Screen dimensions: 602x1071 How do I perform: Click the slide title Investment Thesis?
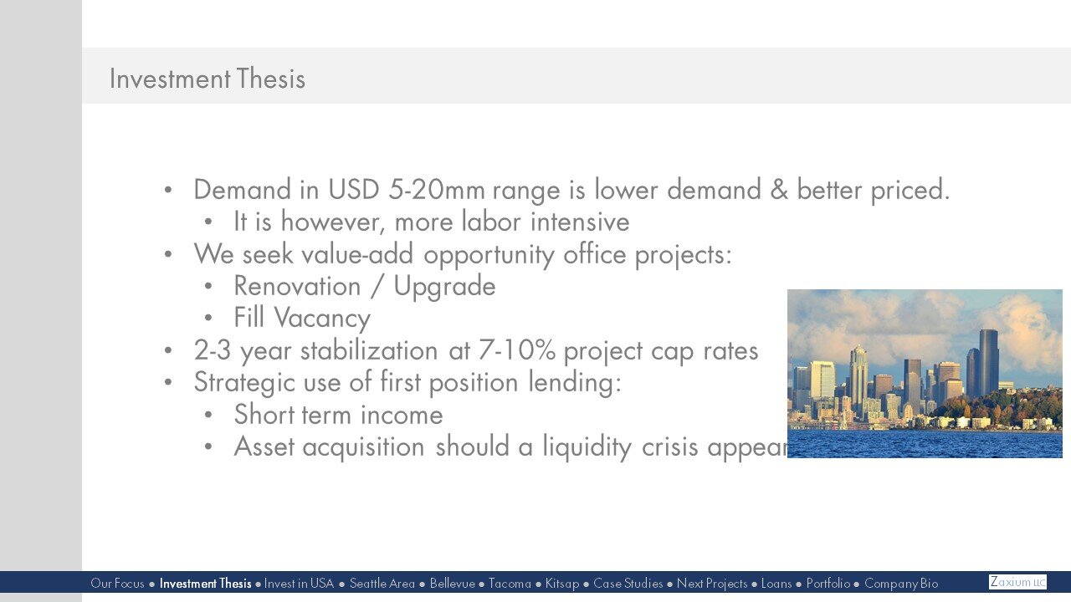click(207, 79)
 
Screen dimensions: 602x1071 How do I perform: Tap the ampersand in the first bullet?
click(779, 191)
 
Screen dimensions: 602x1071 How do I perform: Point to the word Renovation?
click(297, 287)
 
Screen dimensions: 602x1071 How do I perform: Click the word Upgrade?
click(444, 287)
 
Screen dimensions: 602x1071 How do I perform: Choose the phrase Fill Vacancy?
click(301, 319)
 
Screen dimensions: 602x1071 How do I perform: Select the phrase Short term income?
click(338, 415)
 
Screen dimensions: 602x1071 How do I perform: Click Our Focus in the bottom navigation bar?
click(117, 584)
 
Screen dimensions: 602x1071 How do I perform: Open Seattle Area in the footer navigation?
click(382, 584)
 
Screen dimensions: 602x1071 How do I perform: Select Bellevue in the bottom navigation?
click(452, 584)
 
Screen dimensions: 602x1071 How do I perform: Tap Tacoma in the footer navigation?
click(510, 584)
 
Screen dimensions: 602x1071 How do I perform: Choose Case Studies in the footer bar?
click(628, 584)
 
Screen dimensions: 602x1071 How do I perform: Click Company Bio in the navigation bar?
click(900, 584)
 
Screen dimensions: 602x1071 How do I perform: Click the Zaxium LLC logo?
click(1017, 582)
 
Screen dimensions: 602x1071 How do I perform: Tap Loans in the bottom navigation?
click(776, 584)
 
